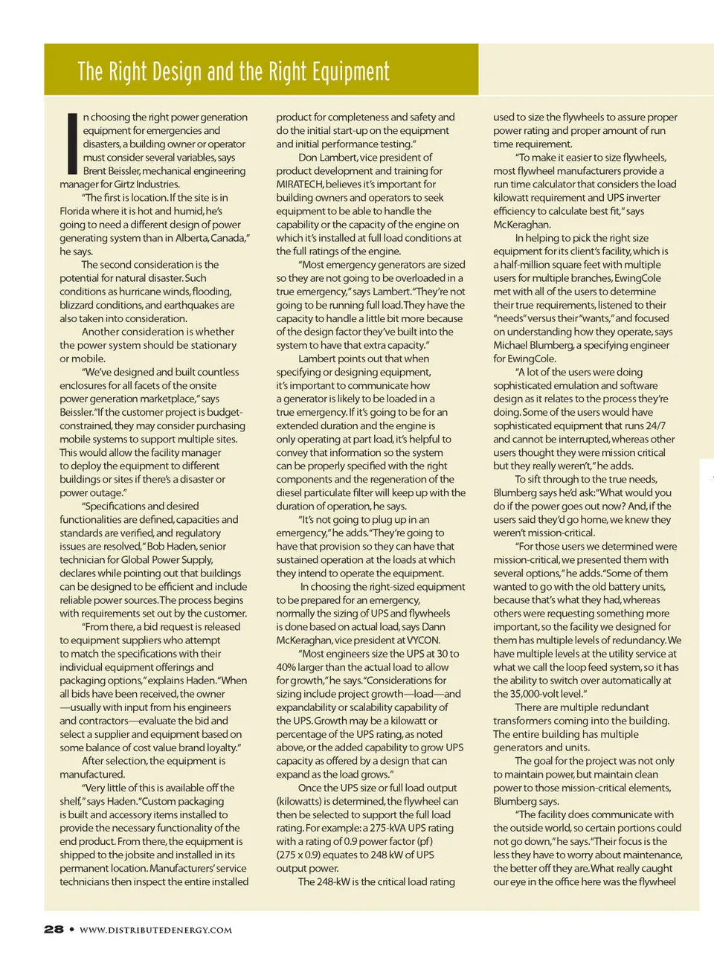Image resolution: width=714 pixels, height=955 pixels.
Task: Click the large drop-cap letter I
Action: (71, 141)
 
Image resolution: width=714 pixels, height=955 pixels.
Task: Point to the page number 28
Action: (54, 930)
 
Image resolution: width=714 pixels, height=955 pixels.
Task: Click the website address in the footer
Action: (155, 930)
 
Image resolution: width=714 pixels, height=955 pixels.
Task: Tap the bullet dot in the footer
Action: (71, 930)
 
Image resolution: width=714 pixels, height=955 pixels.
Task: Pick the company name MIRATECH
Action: (299, 184)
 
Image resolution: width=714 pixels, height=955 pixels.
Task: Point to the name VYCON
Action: (423, 640)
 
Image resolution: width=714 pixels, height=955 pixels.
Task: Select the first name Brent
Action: (94, 171)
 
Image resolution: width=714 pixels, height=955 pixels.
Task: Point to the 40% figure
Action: (286, 667)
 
